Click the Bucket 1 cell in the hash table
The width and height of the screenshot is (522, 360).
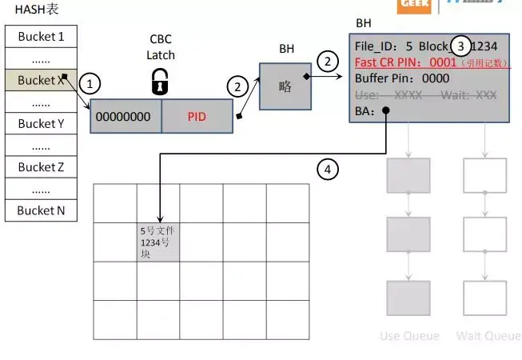pos(41,37)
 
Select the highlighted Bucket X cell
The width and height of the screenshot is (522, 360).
pos(41,80)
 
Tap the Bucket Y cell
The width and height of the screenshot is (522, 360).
pos(41,124)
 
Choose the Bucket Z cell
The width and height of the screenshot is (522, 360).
pos(41,167)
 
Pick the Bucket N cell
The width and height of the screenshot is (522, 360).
pos(41,210)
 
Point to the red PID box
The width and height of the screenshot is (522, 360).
pos(197,116)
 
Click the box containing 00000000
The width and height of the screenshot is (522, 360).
pos(125,116)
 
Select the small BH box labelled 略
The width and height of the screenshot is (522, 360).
pos(285,86)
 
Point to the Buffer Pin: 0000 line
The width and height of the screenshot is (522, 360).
pos(402,78)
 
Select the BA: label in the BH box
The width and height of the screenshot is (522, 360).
pos(366,111)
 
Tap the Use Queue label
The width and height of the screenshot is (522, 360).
pos(409,336)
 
